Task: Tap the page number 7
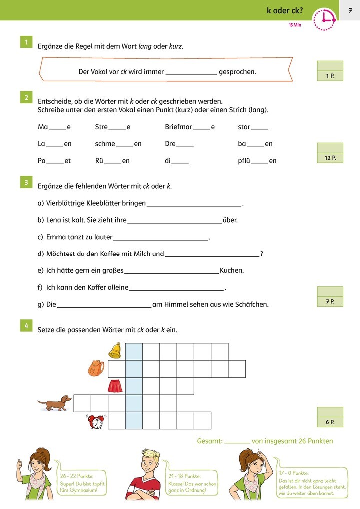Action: point(350,10)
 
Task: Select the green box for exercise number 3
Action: point(26,182)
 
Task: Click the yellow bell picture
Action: point(115,350)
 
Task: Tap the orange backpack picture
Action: point(95,368)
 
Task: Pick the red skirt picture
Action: point(115,386)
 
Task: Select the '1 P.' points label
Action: point(330,76)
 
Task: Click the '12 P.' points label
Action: point(330,158)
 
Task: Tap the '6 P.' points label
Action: point(330,422)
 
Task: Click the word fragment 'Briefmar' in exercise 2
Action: point(178,127)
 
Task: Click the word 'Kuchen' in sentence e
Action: point(232,271)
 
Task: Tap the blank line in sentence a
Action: point(194,204)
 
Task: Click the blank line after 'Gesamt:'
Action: point(237,441)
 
